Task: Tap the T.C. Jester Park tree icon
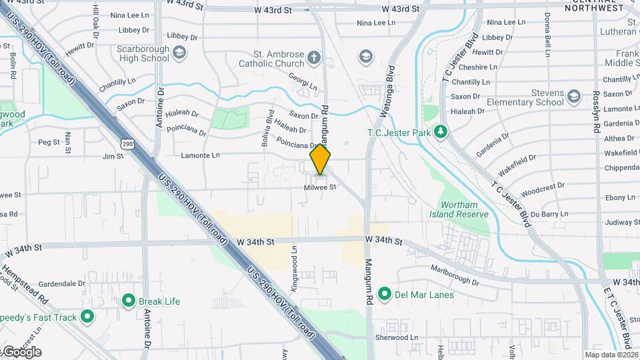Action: coord(439,132)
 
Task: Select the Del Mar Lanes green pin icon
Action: coord(384,294)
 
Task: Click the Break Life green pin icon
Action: coord(129,301)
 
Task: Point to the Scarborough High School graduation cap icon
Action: coord(179,53)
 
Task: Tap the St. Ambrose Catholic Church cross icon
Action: coord(313,59)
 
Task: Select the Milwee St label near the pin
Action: coord(320,187)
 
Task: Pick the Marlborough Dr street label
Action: coord(455,273)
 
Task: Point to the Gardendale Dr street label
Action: coord(63,283)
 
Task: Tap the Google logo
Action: coord(21,352)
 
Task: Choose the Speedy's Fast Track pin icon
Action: coord(87,317)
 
